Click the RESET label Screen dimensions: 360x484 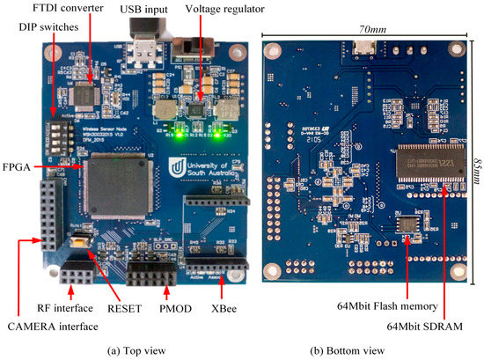tap(125, 310)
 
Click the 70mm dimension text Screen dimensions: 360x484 tap(363, 26)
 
